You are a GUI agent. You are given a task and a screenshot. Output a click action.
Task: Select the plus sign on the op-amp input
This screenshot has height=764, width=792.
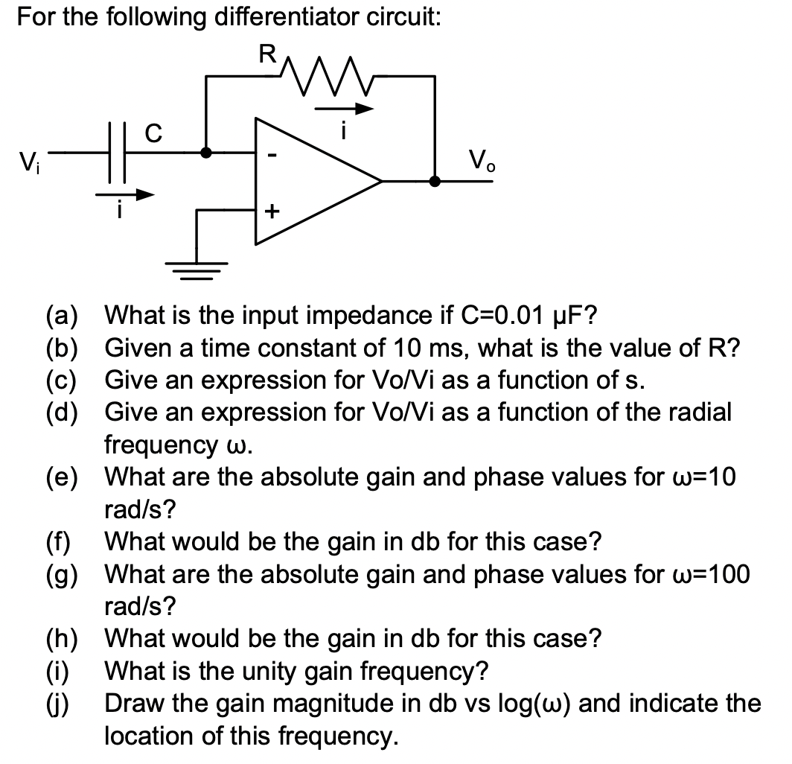tap(272, 211)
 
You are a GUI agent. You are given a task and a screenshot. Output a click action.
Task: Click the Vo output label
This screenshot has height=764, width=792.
tap(479, 159)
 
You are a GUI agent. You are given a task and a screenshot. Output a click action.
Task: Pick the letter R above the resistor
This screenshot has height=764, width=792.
tap(266, 54)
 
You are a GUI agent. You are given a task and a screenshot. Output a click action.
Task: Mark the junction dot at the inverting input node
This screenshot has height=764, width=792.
tap(206, 154)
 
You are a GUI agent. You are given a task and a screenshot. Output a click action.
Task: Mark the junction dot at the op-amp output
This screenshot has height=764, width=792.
tap(435, 181)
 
